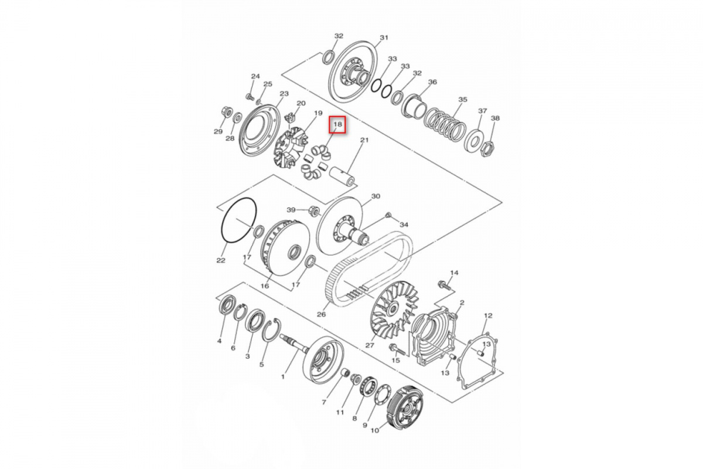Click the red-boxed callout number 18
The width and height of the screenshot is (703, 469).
[x=337, y=124]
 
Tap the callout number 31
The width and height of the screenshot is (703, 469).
[x=384, y=38]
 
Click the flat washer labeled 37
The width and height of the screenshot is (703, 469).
[x=474, y=140]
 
